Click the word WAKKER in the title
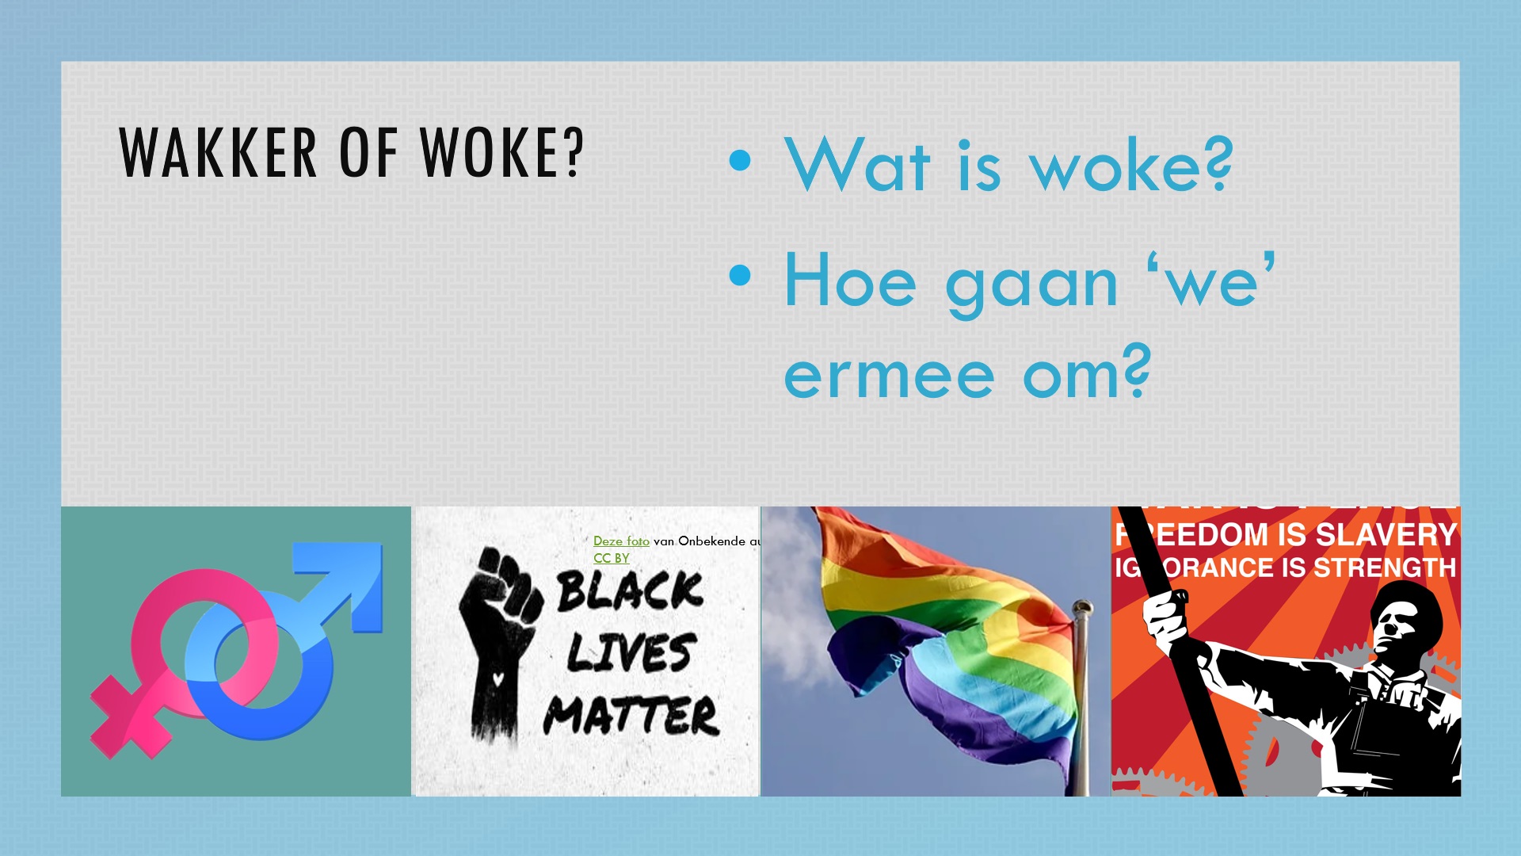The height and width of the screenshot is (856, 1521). click(x=218, y=152)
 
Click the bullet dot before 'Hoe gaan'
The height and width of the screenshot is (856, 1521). click(x=740, y=275)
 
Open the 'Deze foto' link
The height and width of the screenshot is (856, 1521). click(x=621, y=541)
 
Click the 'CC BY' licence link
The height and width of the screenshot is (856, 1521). click(x=611, y=558)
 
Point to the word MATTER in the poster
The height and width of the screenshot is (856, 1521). click(x=631, y=715)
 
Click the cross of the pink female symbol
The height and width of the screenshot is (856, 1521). click(x=131, y=717)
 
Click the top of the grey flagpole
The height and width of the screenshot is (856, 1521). click(x=1081, y=609)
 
